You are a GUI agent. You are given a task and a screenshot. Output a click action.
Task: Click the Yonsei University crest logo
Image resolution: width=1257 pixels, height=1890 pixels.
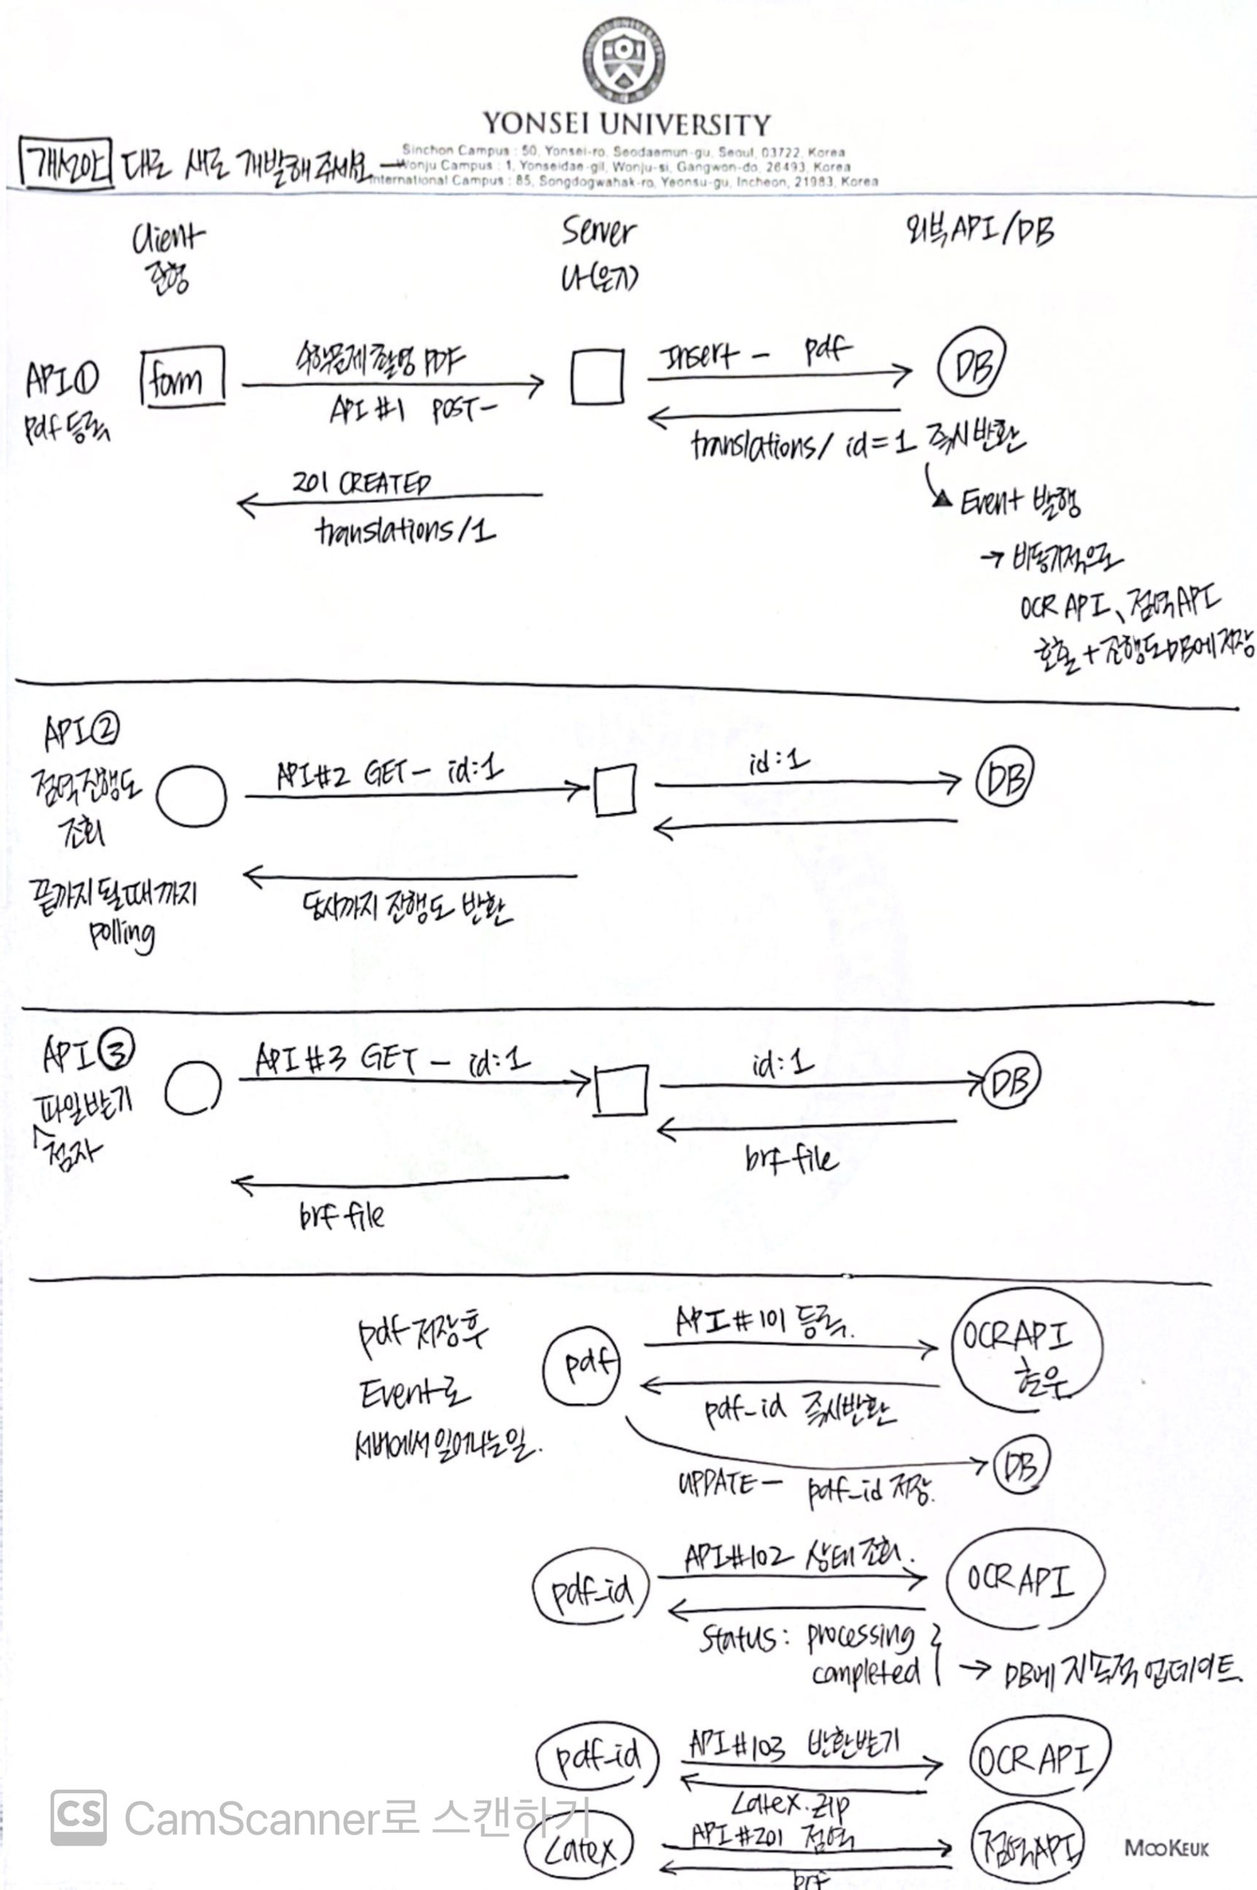(623, 61)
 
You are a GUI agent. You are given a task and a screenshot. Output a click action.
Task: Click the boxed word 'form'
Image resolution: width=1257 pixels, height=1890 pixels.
(182, 376)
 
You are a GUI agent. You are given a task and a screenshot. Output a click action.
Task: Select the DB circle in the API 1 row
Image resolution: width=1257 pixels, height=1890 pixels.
(971, 361)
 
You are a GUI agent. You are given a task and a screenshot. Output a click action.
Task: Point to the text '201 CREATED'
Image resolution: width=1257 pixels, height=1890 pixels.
(361, 483)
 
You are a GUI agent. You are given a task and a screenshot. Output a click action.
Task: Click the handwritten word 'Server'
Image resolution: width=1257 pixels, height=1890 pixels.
(598, 232)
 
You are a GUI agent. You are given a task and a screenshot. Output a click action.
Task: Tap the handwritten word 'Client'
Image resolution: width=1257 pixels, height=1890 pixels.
(168, 238)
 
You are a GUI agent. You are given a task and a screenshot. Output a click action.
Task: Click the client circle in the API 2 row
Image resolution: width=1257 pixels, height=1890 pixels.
(192, 796)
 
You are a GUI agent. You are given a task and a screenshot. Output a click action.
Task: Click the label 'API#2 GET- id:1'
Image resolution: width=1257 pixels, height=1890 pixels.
(390, 774)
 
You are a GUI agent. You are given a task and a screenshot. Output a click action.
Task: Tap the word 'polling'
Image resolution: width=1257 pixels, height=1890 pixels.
(122, 935)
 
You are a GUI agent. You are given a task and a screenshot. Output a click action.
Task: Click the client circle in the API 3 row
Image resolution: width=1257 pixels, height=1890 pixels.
(192, 1087)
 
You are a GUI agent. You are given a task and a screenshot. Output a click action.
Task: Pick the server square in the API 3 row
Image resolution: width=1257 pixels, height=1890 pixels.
(622, 1089)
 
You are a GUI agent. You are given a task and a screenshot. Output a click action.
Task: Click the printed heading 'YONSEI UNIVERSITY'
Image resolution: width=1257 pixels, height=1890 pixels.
(626, 124)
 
